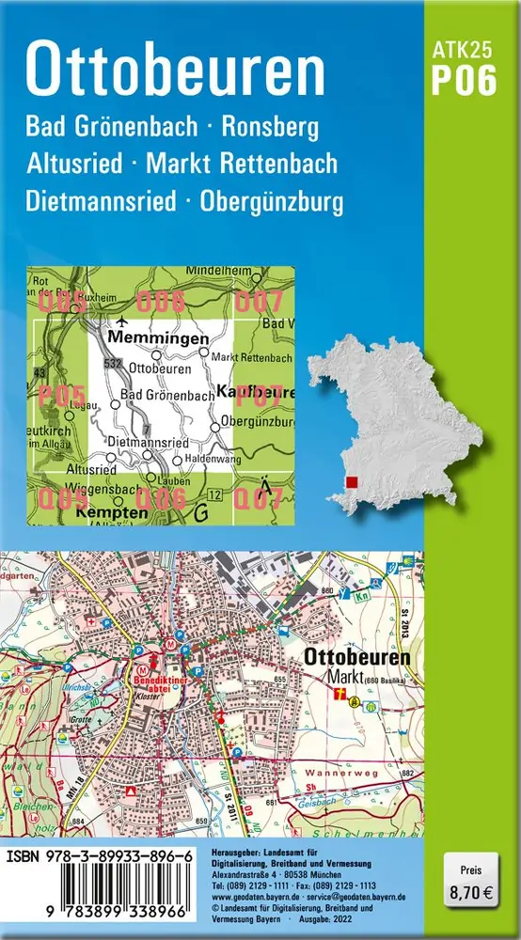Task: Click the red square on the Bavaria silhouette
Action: (351, 482)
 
